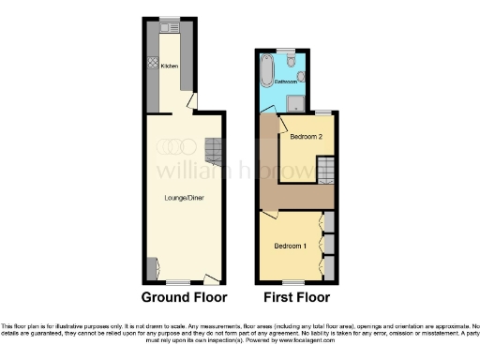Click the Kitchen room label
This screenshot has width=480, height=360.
pyautogui.click(x=170, y=67)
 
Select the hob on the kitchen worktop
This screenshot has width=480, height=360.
pyautogui.click(x=153, y=66)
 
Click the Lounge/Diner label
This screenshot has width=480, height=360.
pyautogui.click(x=180, y=197)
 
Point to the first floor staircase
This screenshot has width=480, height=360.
pyautogui.click(x=324, y=170)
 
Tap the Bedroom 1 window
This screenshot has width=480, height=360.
pyautogui.click(x=290, y=282)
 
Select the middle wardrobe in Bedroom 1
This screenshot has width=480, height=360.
pyautogui.click(x=329, y=246)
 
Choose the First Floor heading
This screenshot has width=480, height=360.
pyautogui.click(x=292, y=299)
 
